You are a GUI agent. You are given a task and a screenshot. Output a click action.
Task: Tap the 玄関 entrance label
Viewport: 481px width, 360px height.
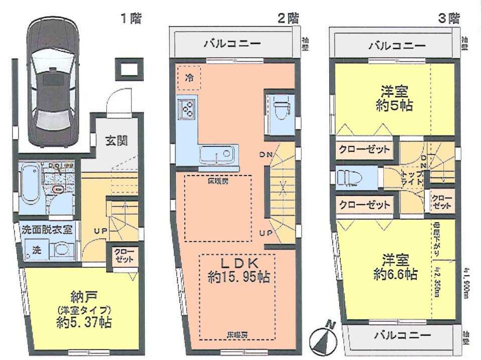pos(116,140)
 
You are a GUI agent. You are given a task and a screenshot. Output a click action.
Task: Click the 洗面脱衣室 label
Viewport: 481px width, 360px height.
pos(47,230)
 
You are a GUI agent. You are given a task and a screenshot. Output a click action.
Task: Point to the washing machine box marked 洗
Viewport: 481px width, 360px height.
pos(37,249)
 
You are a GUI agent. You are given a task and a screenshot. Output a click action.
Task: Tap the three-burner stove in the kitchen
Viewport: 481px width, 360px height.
pos(188,108)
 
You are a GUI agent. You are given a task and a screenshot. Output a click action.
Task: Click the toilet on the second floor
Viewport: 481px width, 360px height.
pos(281,108)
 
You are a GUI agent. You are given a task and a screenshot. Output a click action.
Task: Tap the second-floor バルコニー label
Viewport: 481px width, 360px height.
pos(232,44)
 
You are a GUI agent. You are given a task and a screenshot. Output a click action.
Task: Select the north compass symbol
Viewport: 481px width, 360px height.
pos(322,339)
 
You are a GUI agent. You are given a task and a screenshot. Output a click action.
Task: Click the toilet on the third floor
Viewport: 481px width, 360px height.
pos(349,177)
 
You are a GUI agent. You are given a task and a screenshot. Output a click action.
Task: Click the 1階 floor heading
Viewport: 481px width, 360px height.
pos(130,19)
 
